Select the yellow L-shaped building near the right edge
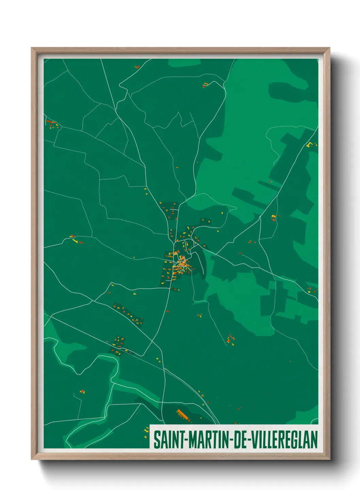click(x=310, y=144)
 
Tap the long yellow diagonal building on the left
click(x=75, y=241)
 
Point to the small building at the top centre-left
click(x=137, y=67)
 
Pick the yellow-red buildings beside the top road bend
click(x=205, y=84)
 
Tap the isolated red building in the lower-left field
click(x=82, y=392)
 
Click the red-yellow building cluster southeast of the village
click(x=231, y=339)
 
